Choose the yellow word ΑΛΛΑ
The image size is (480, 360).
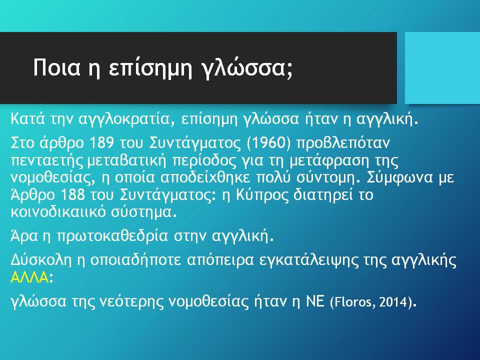[x=29, y=277]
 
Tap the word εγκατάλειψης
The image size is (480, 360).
[x=307, y=261]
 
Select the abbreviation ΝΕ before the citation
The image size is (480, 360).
[x=315, y=301]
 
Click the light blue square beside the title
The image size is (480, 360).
[x=442, y=67]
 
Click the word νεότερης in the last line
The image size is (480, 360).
[x=131, y=302]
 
